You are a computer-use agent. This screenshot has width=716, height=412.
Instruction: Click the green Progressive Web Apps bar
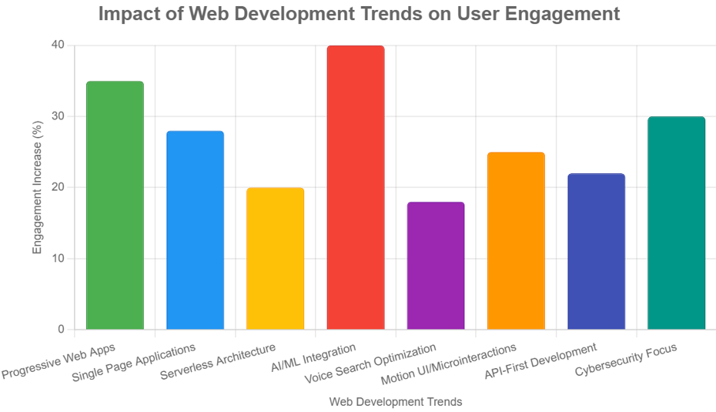(115, 206)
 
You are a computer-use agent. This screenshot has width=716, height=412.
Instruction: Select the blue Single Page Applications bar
(195, 230)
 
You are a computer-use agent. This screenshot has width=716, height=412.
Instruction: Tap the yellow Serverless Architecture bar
(275, 259)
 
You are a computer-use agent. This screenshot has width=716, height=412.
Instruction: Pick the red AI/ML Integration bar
(356, 188)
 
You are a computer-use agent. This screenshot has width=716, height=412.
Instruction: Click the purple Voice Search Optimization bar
(436, 266)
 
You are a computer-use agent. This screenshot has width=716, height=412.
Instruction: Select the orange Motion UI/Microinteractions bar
(516, 241)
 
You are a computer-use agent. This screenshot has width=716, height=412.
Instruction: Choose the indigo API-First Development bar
(596, 252)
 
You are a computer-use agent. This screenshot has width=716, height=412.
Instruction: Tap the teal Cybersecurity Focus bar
(677, 223)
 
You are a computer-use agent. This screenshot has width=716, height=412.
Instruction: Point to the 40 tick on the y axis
(58, 45)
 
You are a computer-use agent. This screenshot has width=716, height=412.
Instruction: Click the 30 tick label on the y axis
(58, 116)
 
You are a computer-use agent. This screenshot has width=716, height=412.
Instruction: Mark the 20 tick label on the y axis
(58, 187)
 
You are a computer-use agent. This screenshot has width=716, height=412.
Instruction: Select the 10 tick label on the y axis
(58, 259)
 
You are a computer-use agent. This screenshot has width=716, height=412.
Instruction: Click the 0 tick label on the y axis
(61, 330)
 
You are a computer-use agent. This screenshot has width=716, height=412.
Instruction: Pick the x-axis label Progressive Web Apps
(59, 363)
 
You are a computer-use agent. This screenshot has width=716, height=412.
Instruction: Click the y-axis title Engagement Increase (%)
(37, 188)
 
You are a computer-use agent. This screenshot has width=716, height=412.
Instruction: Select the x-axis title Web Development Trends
(396, 402)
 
